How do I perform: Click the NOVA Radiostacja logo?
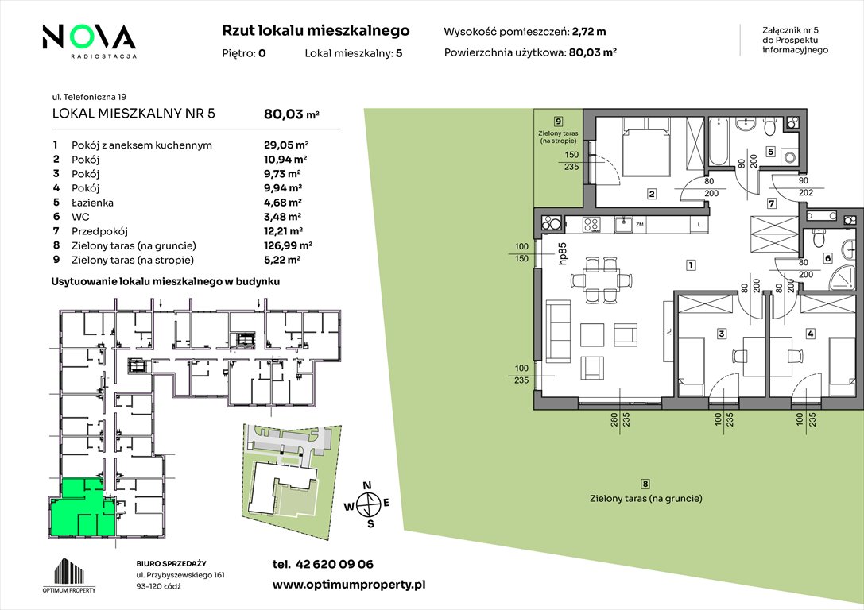[x=89, y=41]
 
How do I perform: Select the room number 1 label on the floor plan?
[x=691, y=265]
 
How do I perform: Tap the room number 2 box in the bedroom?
[x=652, y=194]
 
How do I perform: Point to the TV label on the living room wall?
[x=668, y=333]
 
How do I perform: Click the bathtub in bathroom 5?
[x=719, y=141]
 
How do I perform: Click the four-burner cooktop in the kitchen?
[x=591, y=224]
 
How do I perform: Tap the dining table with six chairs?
[x=600, y=280]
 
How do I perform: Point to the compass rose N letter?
[x=367, y=485]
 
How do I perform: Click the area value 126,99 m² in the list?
[x=289, y=245]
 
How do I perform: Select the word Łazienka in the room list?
[x=92, y=203]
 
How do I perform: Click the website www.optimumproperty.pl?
[x=349, y=585]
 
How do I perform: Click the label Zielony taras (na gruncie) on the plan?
[x=645, y=499]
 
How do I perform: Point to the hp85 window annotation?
[x=562, y=254]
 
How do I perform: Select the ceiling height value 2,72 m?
[x=589, y=32]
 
